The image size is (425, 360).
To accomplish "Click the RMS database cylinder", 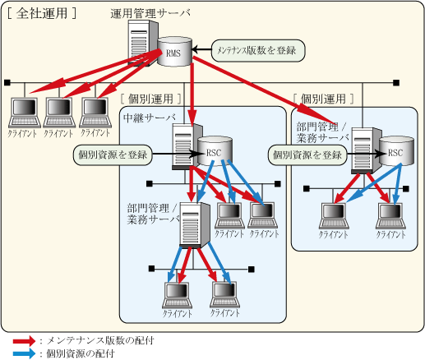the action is point(174,52).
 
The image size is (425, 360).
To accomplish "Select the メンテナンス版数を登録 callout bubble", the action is point(258,51).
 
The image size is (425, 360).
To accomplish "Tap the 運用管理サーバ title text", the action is point(150,13).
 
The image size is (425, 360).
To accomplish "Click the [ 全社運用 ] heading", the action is point(42,13).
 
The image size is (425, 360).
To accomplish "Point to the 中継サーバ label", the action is point(150,118).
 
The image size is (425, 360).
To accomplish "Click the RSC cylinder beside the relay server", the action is point(215,151).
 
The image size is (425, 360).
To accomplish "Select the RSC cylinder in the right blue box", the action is point(396,151).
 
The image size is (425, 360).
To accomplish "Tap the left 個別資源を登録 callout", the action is point(113,155).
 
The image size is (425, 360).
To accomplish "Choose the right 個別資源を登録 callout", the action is point(307,155).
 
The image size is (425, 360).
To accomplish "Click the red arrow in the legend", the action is point(24,341).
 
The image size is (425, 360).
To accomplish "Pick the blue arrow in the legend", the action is point(24,353).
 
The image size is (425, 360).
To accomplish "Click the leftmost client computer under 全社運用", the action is point(25,113).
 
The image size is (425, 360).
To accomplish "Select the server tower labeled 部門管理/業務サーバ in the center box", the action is point(195,225).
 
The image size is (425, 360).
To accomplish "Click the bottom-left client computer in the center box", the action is point(177,295).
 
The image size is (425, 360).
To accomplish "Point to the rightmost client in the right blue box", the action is point(390,216).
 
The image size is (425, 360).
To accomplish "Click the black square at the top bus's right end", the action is point(396,82).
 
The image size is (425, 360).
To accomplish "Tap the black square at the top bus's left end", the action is point(7,82).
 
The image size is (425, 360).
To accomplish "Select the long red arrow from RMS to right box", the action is point(265,90).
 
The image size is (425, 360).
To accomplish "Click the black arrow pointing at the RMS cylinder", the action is point(201,50).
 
